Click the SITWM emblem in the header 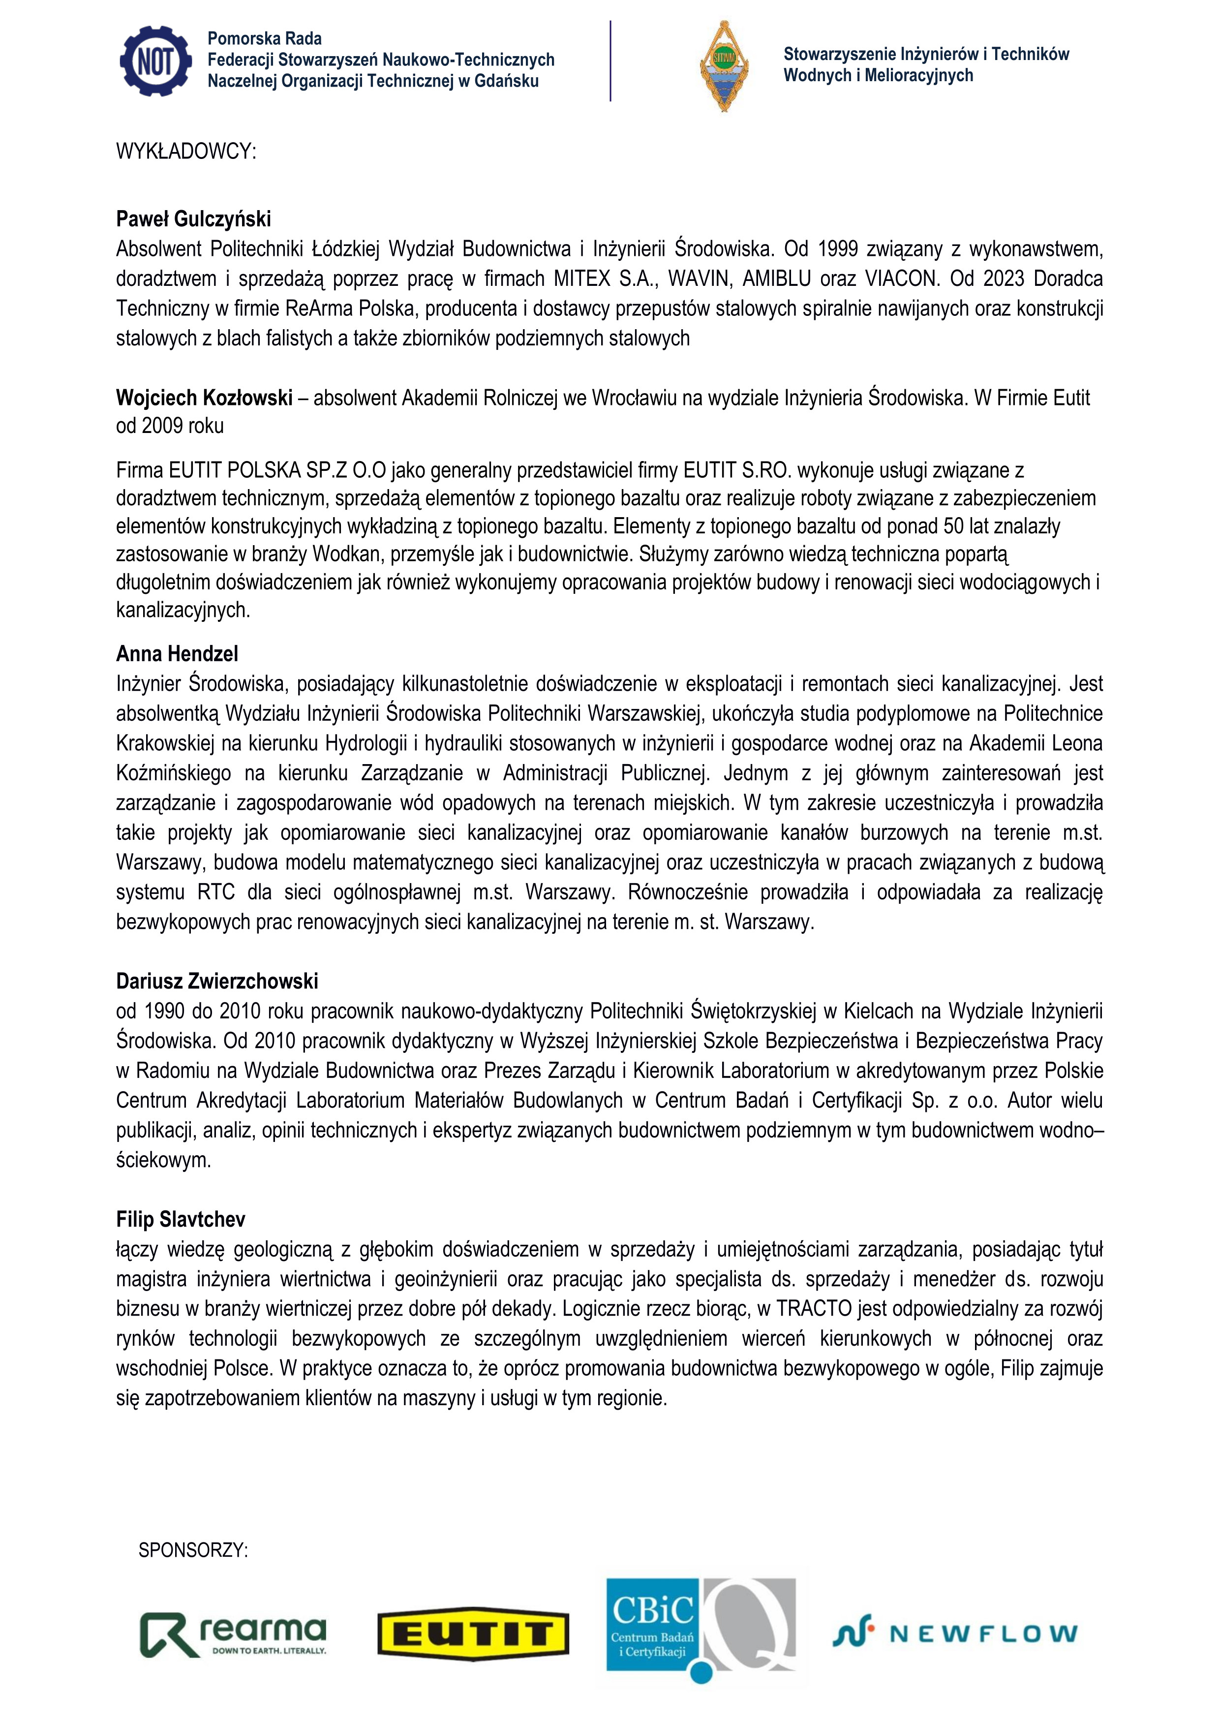(x=723, y=66)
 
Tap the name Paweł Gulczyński (x=193, y=219)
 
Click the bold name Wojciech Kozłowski (x=204, y=398)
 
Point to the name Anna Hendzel (x=177, y=653)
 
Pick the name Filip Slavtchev (x=181, y=1219)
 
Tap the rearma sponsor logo (x=233, y=1635)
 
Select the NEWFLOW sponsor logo (x=955, y=1634)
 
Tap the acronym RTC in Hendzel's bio (x=216, y=893)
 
